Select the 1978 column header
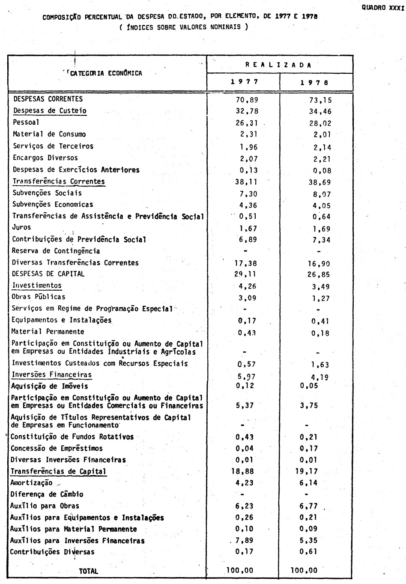tap(316, 82)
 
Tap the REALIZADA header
tap(279, 65)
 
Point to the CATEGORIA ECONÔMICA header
tap(106, 73)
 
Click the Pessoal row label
tap(26, 122)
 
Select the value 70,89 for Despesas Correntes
tap(247, 100)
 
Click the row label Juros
tap(21, 227)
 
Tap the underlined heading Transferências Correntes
tap(59, 181)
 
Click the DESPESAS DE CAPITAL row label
tap(48, 274)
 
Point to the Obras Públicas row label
tap(39, 297)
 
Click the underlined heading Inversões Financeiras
tap(52, 374)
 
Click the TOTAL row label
tap(88, 571)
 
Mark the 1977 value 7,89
tap(244, 541)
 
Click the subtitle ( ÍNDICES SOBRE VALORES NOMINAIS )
tap(184, 27)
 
